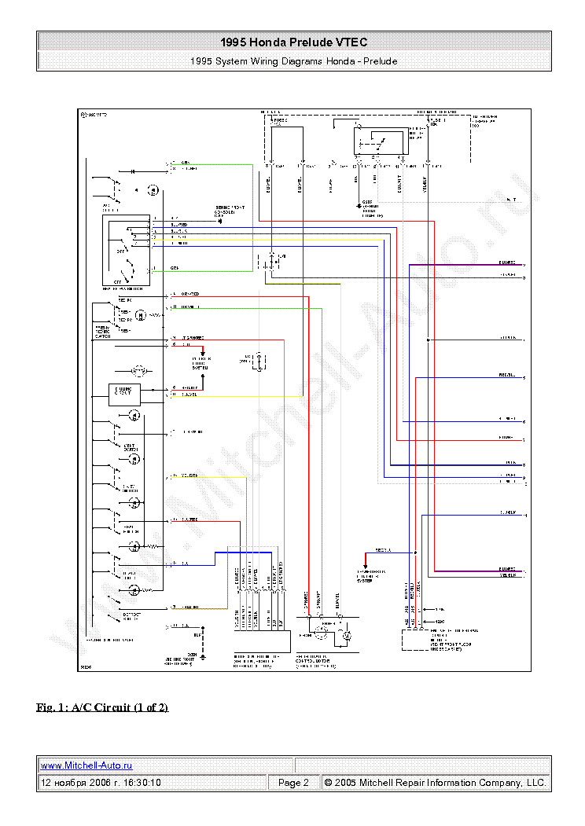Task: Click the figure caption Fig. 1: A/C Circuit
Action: [102, 707]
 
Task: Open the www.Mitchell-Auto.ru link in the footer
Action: [86, 765]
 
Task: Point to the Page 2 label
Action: [293, 783]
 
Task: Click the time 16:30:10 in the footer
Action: [142, 783]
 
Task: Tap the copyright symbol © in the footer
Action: [329, 783]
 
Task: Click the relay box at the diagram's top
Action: [381, 143]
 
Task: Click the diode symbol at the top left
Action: [133, 171]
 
